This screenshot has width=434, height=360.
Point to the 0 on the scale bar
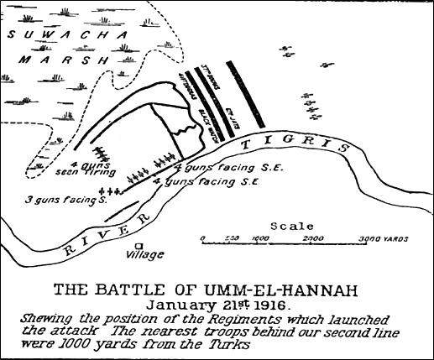[x=203, y=238]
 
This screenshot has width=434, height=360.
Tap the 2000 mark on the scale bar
[x=313, y=238]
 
